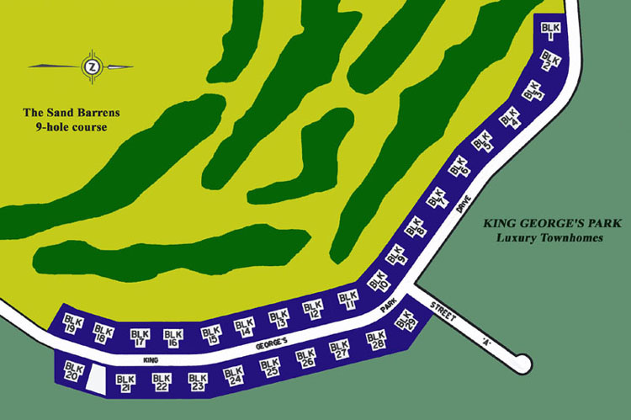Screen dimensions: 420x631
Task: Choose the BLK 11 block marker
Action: tap(347, 300)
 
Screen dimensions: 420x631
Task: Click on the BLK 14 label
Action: tap(244, 327)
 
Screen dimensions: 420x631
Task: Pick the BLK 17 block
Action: tap(140, 338)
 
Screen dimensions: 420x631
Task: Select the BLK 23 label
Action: tap(198, 382)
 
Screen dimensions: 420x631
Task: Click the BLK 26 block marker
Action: tap(306, 359)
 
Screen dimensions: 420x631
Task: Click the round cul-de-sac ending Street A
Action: tap(524, 364)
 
